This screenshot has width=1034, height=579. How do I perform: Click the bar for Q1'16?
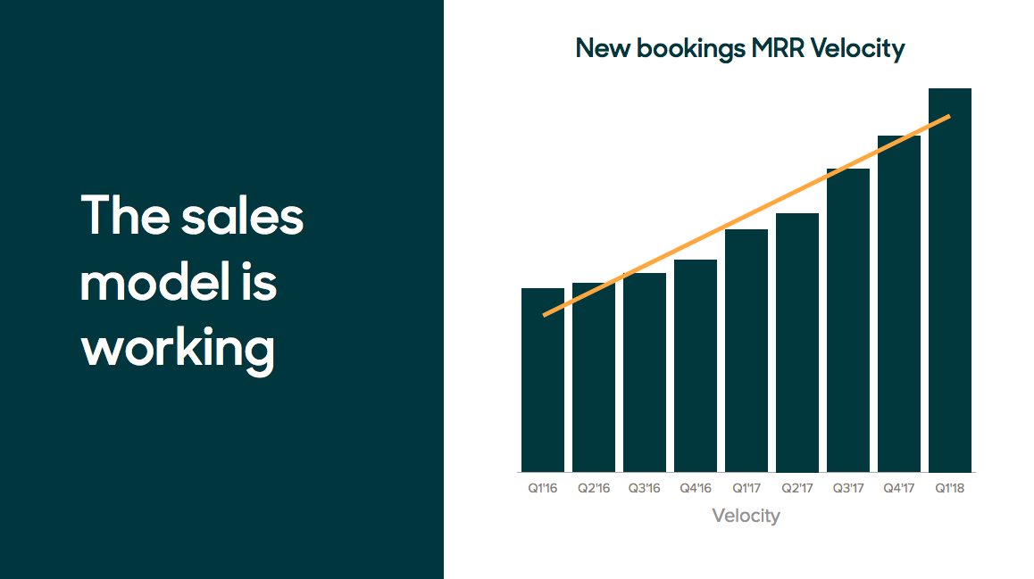coord(543,380)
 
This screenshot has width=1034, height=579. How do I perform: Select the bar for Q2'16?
coord(594,377)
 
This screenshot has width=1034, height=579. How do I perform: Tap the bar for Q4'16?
coord(695,367)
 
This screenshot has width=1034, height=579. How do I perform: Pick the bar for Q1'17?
coord(746,352)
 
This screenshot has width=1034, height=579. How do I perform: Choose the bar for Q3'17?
coord(848,321)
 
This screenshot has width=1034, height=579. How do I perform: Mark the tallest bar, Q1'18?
coord(949,281)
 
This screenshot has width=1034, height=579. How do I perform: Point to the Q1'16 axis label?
coord(543,488)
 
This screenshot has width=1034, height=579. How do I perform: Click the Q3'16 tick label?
coord(645,488)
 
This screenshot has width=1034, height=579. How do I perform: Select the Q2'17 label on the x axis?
coord(797,488)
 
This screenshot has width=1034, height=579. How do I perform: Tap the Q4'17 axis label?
coord(899,488)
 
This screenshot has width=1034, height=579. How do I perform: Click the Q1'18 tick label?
coord(949,488)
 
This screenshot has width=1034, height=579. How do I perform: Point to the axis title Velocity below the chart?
coord(746,516)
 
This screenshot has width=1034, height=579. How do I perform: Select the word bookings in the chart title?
coord(691,49)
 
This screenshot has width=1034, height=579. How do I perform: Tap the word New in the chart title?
coord(603,48)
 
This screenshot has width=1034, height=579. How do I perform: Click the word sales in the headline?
coord(242,215)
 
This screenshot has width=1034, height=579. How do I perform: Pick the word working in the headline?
coord(178,349)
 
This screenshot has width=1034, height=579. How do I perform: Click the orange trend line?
coord(746,216)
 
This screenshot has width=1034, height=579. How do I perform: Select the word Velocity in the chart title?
coord(857,49)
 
